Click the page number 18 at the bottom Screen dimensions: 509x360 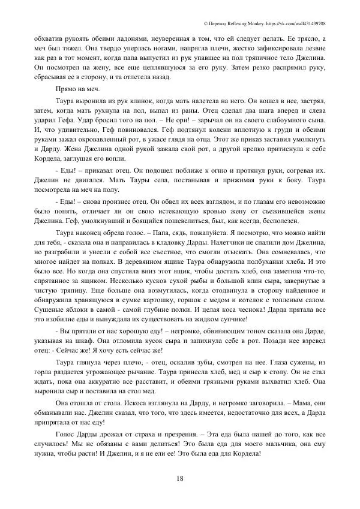click(x=180, y=477)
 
